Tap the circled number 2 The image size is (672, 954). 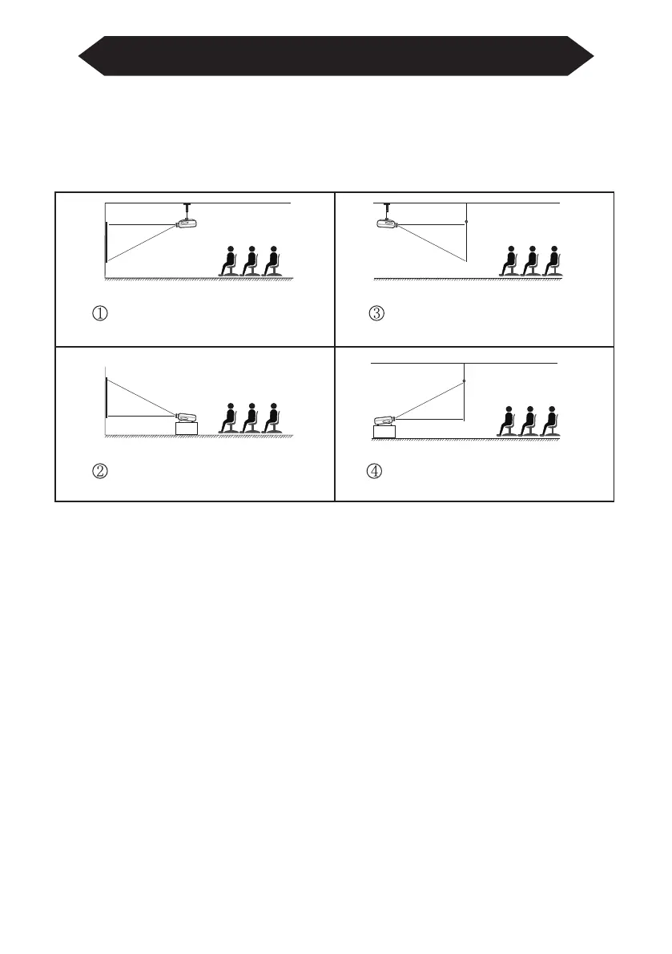coord(103,471)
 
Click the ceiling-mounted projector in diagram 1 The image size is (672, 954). coord(187,224)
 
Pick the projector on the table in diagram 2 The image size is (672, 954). coord(187,417)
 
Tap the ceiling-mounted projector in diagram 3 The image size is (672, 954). coord(388,224)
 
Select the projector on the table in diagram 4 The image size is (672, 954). coord(384,420)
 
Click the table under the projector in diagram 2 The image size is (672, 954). coord(187,429)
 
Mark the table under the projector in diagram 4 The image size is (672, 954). coord(384,433)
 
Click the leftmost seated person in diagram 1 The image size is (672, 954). coord(231,260)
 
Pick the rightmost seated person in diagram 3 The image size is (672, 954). coord(551,260)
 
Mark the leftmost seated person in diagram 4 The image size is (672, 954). coord(506,421)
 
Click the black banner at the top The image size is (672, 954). coord(336,56)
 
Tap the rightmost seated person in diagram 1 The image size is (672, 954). coord(274,260)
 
